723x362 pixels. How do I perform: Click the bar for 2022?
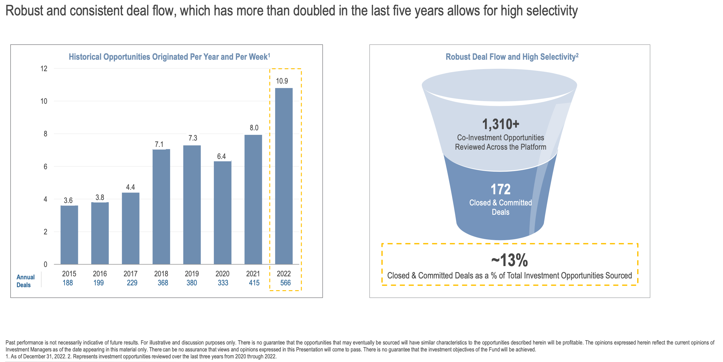pyautogui.click(x=284, y=176)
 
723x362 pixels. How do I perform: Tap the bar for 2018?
pyautogui.click(x=161, y=207)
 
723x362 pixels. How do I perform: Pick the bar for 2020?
pyautogui.click(x=223, y=213)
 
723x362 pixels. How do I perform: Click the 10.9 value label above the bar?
pyautogui.click(x=282, y=81)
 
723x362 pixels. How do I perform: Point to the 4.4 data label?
pyautogui.click(x=130, y=187)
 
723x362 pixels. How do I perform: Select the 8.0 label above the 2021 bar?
pyautogui.click(x=254, y=128)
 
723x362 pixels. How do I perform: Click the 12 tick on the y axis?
pyautogui.click(x=44, y=68)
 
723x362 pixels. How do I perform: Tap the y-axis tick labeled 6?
pyautogui.click(x=46, y=167)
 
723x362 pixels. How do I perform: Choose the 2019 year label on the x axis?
pyautogui.click(x=192, y=274)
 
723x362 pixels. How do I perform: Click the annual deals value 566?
pyautogui.click(x=285, y=283)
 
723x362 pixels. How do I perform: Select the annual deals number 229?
pyautogui.click(x=132, y=283)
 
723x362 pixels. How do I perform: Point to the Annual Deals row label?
pyautogui.click(x=25, y=281)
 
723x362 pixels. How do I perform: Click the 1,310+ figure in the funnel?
pyautogui.click(x=500, y=124)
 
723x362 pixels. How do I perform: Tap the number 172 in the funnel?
pyautogui.click(x=500, y=189)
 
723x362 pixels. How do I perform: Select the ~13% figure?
pyautogui.click(x=509, y=260)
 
